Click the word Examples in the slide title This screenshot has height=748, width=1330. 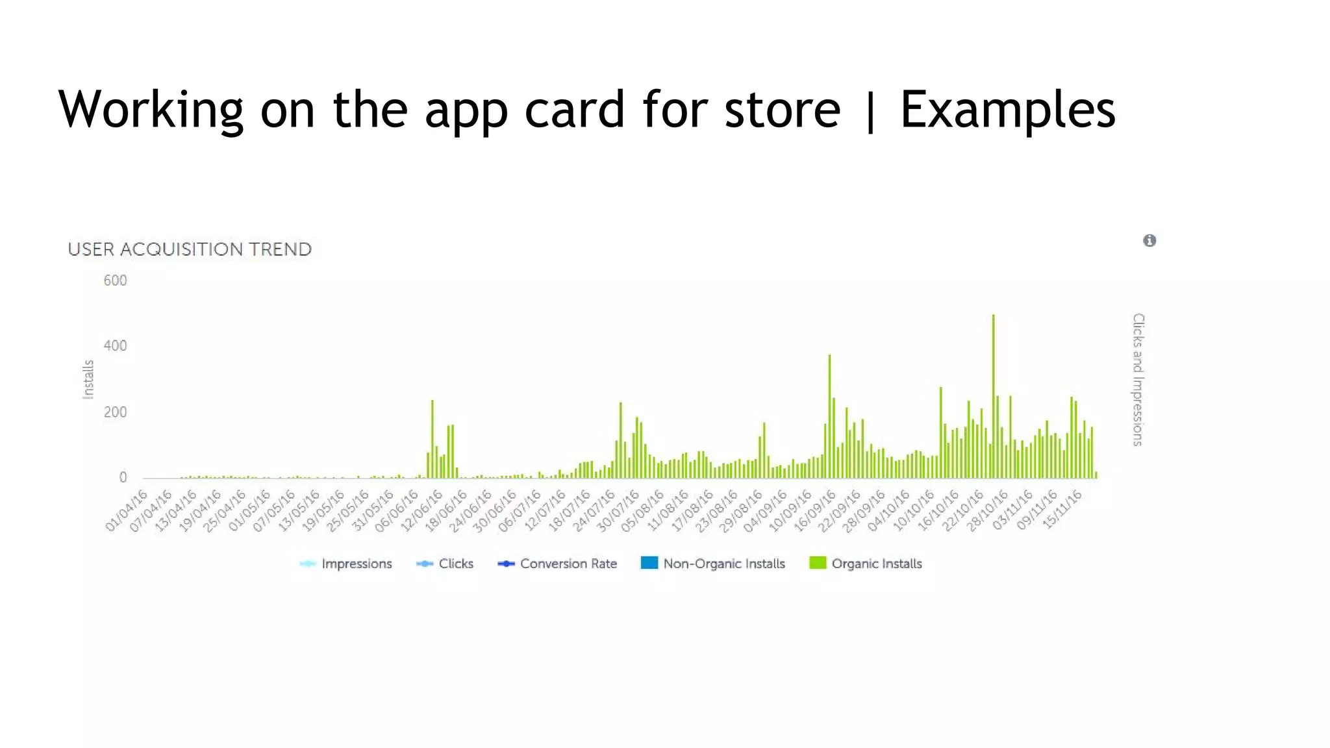tap(1007, 109)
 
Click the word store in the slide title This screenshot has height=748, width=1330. tap(782, 109)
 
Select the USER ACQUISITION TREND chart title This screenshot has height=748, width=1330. tap(190, 249)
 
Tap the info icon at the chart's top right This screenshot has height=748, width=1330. tap(1149, 241)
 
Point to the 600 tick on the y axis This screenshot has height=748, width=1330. tap(115, 280)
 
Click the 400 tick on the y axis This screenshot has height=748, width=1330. tap(115, 346)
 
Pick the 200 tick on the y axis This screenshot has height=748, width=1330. tap(115, 412)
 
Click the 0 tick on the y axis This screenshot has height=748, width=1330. tap(123, 478)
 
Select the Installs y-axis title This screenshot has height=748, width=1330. tap(88, 379)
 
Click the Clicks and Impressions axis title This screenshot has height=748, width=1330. tap(1138, 379)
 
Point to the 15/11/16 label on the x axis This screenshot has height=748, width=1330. tap(1063, 510)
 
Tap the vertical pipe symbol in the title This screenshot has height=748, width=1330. tap(870, 110)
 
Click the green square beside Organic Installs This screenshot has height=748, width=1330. tap(818, 563)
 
